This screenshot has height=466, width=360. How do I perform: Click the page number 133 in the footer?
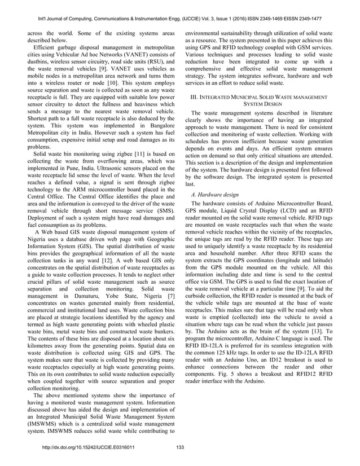pos(180,448)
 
